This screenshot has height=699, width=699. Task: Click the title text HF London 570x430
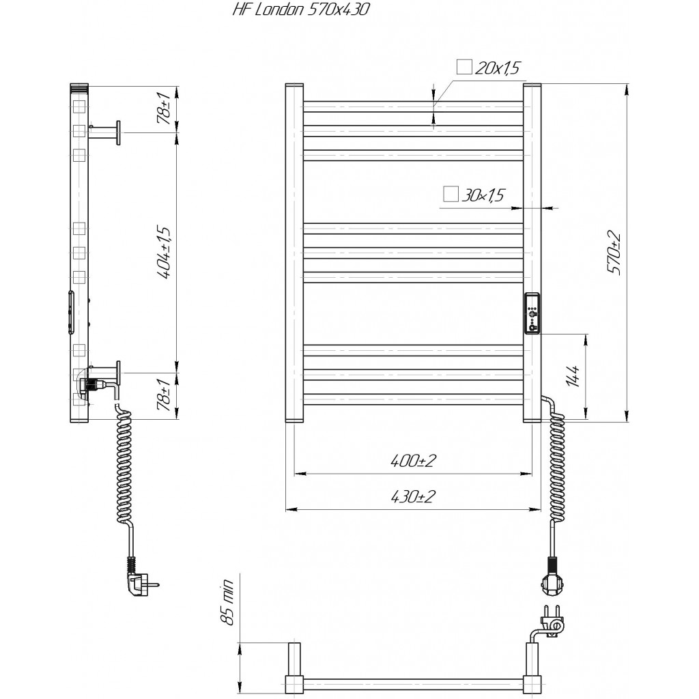pyautogui.click(x=301, y=10)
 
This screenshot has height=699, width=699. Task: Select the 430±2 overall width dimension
pyautogui.click(x=413, y=496)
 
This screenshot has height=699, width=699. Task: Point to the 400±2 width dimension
pyautogui.click(x=413, y=461)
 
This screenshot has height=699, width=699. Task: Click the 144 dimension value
pyautogui.click(x=574, y=377)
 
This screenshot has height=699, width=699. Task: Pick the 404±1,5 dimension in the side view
pyautogui.click(x=164, y=253)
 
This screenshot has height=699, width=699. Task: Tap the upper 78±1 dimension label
pyautogui.click(x=164, y=109)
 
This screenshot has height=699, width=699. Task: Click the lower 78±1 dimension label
pyautogui.click(x=164, y=395)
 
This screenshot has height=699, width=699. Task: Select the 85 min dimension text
pyautogui.click(x=227, y=603)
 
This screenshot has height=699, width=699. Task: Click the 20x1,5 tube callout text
pyautogui.click(x=498, y=68)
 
